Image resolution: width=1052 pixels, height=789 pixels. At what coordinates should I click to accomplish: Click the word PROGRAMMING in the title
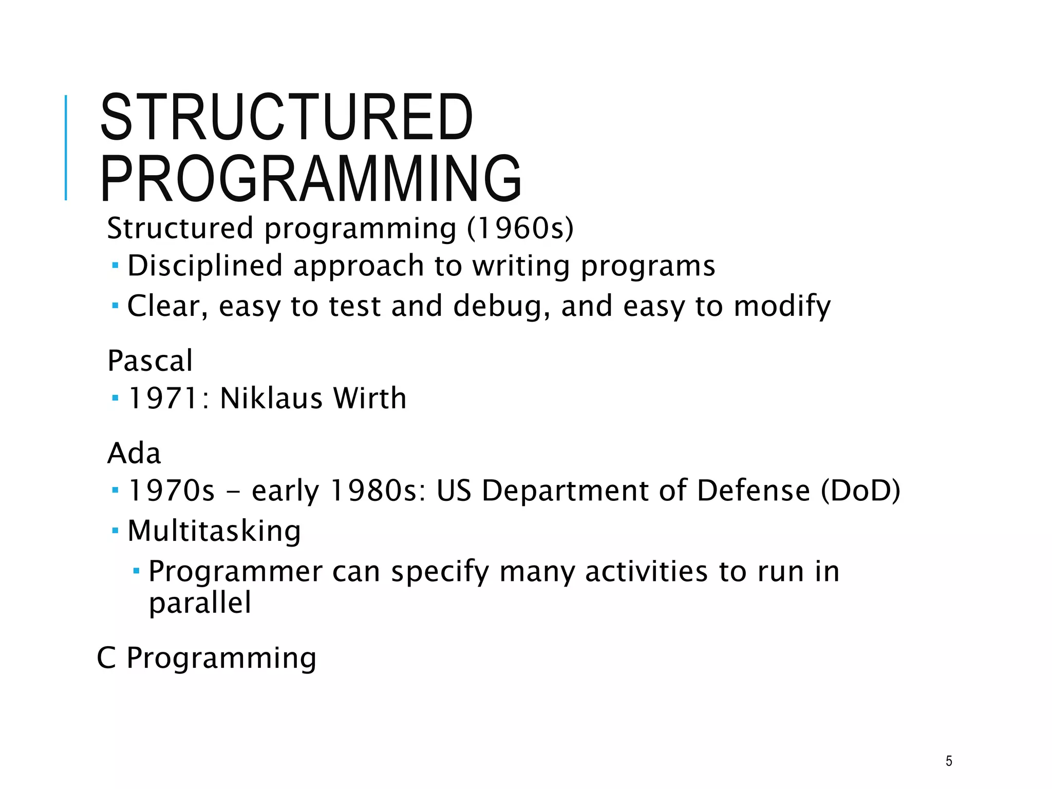pos(311,178)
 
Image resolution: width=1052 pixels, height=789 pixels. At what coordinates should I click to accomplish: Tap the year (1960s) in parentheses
pos(520,228)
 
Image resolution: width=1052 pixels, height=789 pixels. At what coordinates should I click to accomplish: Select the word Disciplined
pos(205,266)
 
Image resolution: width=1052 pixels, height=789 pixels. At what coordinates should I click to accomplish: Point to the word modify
pos(782,306)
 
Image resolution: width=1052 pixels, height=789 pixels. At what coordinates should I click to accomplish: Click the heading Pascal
pos(150,361)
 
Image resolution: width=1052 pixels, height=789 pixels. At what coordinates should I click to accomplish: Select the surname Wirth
pos(369,398)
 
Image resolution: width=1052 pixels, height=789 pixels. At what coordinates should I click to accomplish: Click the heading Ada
pos(134,454)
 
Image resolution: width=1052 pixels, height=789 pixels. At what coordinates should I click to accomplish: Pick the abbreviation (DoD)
pos(860,491)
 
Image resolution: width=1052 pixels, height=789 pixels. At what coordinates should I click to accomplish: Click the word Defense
pos(753,491)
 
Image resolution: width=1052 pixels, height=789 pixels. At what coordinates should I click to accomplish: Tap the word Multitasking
pos(214,531)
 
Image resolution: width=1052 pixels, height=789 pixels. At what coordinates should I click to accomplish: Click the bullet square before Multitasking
pos(115,529)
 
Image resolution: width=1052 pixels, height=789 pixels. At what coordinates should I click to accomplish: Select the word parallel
pos(200,603)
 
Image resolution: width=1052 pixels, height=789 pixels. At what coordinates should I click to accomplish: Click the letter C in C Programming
pos(106,658)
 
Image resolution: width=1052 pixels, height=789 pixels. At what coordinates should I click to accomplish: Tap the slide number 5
pos(948,761)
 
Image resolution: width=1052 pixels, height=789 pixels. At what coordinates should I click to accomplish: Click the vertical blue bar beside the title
pos(66,147)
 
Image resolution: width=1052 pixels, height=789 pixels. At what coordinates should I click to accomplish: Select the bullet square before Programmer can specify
pos(136,570)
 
